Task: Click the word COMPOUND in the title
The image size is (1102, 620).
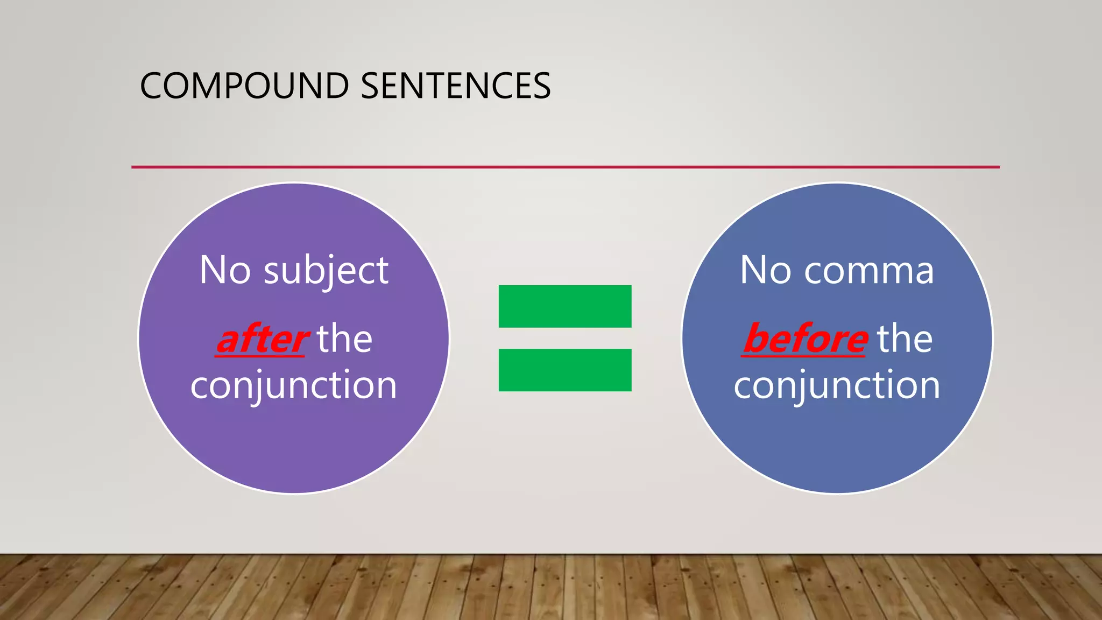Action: coord(244,86)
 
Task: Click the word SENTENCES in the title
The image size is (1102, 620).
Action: coord(455,86)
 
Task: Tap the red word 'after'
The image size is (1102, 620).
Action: coord(262,340)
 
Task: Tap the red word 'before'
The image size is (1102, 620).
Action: coord(806,340)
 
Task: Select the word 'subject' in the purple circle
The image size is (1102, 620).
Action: coord(326,271)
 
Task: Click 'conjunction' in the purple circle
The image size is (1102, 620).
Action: coord(294,385)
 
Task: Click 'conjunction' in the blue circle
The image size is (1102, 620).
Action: coord(837,385)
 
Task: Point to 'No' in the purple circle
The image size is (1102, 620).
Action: coord(225,270)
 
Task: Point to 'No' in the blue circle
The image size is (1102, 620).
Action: coord(766,270)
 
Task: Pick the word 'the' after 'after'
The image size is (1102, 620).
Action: coord(344,340)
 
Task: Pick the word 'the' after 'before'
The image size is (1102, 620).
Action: coord(905,340)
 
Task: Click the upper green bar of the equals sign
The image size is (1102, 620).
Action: coord(564,306)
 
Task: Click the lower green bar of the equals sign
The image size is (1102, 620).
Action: coord(564,370)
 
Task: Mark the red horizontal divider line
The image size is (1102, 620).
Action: coord(565,167)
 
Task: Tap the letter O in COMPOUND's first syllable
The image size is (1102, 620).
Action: coord(176,86)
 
